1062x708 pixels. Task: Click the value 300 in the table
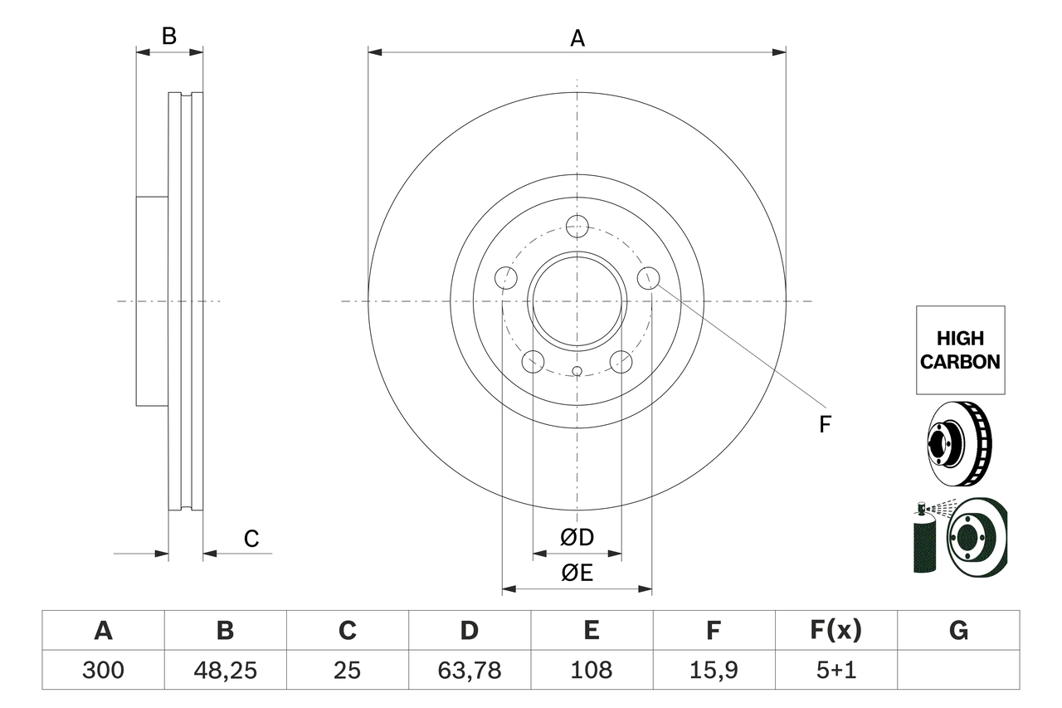pyautogui.click(x=103, y=670)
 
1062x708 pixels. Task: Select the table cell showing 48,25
pyautogui.click(x=225, y=670)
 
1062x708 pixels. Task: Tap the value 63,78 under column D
pyautogui.click(x=469, y=670)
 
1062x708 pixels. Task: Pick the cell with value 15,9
pyautogui.click(x=713, y=670)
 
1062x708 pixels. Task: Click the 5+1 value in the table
pyautogui.click(x=835, y=670)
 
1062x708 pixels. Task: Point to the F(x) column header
pyautogui.click(x=835, y=631)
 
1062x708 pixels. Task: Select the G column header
pyautogui.click(x=958, y=631)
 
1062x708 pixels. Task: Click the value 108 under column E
pyautogui.click(x=591, y=670)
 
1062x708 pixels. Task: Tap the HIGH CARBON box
pyautogui.click(x=960, y=350)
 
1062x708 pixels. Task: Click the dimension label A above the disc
pyautogui.click(x=577, y=38)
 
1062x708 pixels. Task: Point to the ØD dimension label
pyautogui.click(x=577, y=538)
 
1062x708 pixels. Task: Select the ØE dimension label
pyautogui.click(x=577, y=573)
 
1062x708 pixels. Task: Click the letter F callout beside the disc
pyautogui.click(x=824, y=425)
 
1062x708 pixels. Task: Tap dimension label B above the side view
pyautogui.click(x=169, y=37)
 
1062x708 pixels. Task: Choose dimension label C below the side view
pyautogui.click(x=251, y=540)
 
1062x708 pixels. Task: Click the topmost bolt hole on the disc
pyautogui.click(x=577, y=226)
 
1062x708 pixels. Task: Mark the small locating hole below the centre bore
pyautogui.click(x=577, y=370)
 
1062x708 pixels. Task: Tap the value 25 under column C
pyautogui.click(x=347, y=670)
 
